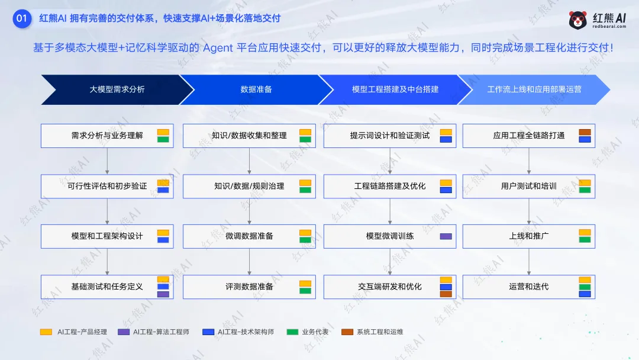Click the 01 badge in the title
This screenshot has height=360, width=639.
click(x=22, y=18)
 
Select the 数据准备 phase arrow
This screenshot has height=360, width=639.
click(x=256, y=89)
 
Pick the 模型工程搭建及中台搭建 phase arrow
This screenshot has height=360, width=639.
click(x=395, y=89)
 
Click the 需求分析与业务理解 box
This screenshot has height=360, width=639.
click(x=107, y=136)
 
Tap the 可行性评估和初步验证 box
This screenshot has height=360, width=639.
click(x=107, y=186)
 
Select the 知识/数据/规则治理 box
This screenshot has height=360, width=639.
click(x=248, y=186)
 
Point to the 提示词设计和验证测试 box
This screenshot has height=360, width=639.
click(x=389, y=136)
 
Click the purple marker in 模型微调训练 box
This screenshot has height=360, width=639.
click(x=446, y=236)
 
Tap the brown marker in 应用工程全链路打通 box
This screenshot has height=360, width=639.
click(x=585, y=132)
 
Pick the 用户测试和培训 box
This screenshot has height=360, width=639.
click(x=528, y=186)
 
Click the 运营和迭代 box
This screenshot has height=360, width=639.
click(x=528, y=287)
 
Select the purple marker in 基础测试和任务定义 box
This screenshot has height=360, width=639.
click(x=163, y=294)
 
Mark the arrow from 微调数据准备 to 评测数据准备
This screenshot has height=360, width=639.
click(x=248, y=261)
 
